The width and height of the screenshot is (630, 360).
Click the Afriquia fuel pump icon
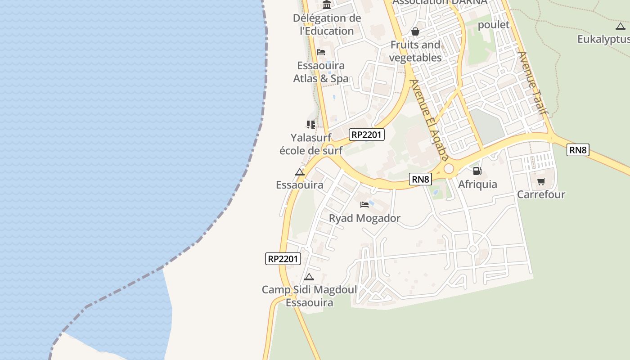tap(477, 171)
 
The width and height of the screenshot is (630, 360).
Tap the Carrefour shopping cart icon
tap(541, 181)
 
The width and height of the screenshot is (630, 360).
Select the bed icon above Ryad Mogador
tap(364, 205)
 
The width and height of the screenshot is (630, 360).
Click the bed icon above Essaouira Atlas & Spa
tap(321, 52)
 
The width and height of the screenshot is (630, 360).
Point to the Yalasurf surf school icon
tap(310, 124)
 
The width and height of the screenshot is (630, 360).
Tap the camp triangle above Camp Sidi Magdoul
tap(309, 277)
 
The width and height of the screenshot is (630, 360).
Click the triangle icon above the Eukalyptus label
tap(620, 26)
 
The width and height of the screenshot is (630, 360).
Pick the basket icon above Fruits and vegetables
tap(415, 31)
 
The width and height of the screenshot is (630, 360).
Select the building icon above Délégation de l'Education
tap(327, 5)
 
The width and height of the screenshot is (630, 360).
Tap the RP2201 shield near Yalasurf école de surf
tap(367, 134)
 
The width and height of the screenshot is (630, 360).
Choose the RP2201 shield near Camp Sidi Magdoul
tap(283, 259)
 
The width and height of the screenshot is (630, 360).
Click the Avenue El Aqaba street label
tap(429, 119)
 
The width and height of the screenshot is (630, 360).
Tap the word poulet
tap(494, 24)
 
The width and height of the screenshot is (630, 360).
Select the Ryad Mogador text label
tap(364, 219)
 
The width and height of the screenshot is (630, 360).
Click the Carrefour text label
tap(541, 194)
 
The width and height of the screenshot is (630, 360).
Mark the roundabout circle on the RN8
tap(449, 168)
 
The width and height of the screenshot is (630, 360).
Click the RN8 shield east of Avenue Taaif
tap(578, 150)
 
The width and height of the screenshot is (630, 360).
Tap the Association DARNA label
tap(440, 2)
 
